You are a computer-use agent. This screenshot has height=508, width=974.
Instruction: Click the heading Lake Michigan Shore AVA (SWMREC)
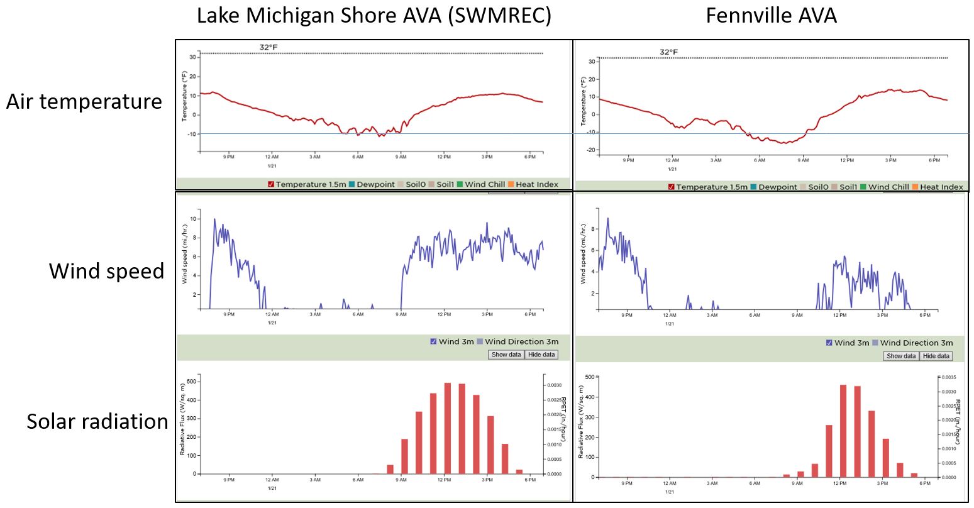pyautogui.click(x=374, y=15)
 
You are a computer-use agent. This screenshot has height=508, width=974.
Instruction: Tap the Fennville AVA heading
pyautogui.click(x=771, y=15)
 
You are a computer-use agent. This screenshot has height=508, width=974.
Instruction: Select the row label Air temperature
pyautogui.click(x=84, y=101)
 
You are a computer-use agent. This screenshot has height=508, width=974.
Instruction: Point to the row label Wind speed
pyautogui.click(x=106, y=271)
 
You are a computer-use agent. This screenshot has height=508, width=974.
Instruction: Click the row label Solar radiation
pyautogui.click(x=97, y=421)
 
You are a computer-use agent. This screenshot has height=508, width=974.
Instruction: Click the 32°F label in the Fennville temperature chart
pyautogui.click(x=668, y=52)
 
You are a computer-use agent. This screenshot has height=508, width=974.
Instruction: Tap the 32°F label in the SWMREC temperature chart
pyautogui.click(x=268, y=47)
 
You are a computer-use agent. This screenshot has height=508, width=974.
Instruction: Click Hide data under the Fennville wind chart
pyautogui.click(x=936, y=356)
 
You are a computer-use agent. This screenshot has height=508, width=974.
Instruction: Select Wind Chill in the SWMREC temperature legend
pyautogui.click(x=484, y=184)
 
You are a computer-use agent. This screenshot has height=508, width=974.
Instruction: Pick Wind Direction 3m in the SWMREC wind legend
pyautogui.click(x=521, y=341)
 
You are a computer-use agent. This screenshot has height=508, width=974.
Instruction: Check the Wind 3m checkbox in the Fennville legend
pyautogui.click(x=829, y=343)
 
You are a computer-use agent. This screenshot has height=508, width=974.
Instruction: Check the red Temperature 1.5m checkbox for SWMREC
pyautogui.click(x=271, y=184)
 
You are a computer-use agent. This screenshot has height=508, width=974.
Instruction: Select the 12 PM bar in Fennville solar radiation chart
pyautogui.click(x=843, y=431)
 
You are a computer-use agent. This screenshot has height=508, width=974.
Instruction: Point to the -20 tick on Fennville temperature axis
pyautogui.click(x=591, y=150)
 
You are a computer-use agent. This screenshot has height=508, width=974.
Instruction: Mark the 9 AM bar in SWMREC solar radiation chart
pyautogui.click(x=404, y=456)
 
